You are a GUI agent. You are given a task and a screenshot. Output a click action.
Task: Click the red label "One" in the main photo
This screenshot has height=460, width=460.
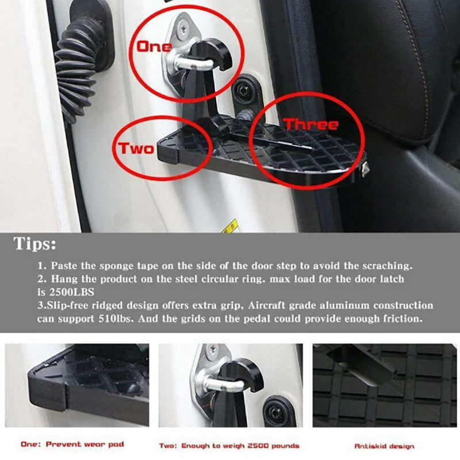pyautogui.click(x=154, y=47)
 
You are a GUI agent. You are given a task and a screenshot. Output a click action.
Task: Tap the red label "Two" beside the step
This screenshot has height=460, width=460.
pyautogui.click(x=136, y=148)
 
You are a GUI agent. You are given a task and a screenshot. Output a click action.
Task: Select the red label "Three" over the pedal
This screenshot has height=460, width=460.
pyautogui.click(x=310, y=124)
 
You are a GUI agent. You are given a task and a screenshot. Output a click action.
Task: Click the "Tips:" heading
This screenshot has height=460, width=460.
pyautogui.click(x=34, y=243)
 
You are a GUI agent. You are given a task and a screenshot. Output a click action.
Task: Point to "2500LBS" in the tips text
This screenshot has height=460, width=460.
pyautogui.click(x=71, y=292)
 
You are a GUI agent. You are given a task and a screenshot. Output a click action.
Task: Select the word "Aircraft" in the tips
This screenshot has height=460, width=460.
pyautogui.click(x=266, y=305)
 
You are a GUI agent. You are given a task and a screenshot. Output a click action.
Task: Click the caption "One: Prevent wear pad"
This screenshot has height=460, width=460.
pyautogui.click(x=72, y=444)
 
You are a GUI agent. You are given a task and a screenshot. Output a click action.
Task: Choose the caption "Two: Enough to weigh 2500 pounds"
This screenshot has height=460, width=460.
pyautogui.click(x=229, y=446)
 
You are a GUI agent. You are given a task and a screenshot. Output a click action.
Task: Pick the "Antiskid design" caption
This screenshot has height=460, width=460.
pyautogui.click(x=384, y=446)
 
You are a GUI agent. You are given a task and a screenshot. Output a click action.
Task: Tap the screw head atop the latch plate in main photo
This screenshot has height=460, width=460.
pyautogui.click(x=185, y=30)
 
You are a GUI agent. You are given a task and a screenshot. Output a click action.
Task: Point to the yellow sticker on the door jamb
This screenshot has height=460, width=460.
pyautogui.click(x=231, y=226)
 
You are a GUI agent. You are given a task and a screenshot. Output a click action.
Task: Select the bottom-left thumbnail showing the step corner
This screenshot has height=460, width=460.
pyautogui.click(x=77, y=385)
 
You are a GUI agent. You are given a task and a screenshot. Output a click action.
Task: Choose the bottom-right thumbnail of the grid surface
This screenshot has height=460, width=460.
pyautogui.click(x=385, y=385)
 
